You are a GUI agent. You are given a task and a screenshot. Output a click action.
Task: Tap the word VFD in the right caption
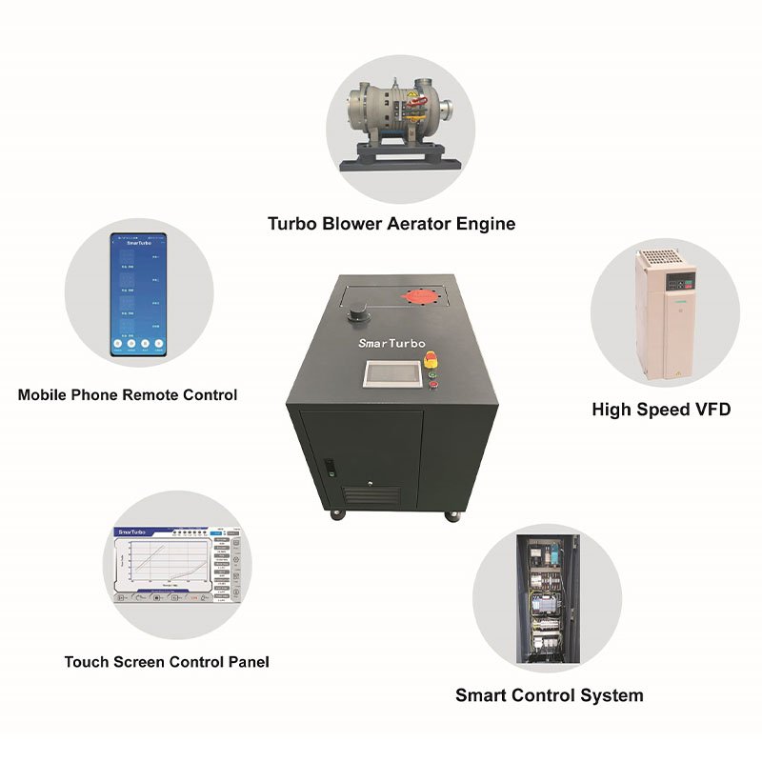click(x=710, y=410)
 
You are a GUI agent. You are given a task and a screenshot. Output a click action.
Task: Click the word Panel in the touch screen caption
click(x=247, y=661)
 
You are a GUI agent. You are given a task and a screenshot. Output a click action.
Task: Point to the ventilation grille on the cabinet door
click(x=372, y=496)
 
